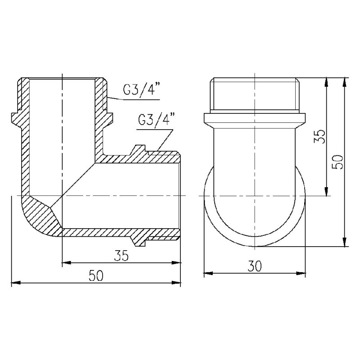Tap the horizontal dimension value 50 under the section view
pyautogui.click(x=95, y=276)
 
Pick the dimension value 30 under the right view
pyautogui.click(x=255, y=266)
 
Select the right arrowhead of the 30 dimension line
pyautogui.click(x=304, y=273)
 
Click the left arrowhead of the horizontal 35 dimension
pyautogui.click(x=64, y=261)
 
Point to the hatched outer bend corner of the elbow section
pyautogui.click(x=40, y=216)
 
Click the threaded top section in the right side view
pyautogui.click(x=255, y=94)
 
